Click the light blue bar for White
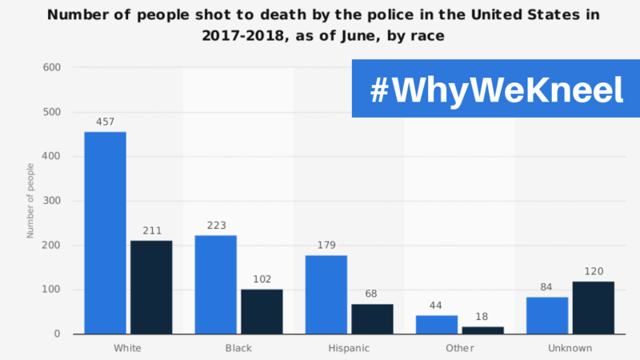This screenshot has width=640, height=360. (x=105, y=232)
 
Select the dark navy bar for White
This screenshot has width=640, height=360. (x=151, y=286)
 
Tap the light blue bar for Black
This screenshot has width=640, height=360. (x=215, y=284)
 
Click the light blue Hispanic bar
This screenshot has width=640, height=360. (x=326, y=294)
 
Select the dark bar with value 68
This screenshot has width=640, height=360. (x=372, y=318)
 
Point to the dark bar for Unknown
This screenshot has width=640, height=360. (x=593, y=307)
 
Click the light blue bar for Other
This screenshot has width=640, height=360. (x=436, y=324)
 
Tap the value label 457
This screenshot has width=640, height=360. (x=105, y=122)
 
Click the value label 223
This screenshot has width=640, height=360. (x=215, y=226)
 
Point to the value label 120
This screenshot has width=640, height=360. (x=593, y=271)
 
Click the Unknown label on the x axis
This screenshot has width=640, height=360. (x=570, y=348)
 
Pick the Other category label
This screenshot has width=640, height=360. (x=459, y=348)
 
